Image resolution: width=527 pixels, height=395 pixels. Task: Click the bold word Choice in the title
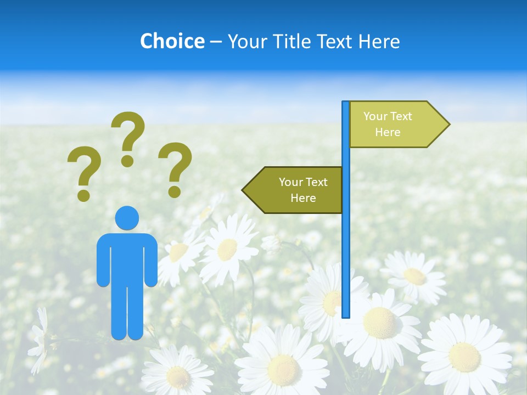coord(172,41)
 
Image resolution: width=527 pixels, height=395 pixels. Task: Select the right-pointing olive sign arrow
coord(398,125)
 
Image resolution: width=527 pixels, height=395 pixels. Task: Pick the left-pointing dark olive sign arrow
coord(293,190)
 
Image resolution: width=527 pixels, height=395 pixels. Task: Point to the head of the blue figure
coord(127,218)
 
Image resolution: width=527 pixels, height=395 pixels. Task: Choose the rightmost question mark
coord(175,170)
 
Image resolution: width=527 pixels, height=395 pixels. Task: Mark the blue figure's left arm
coord(103,261)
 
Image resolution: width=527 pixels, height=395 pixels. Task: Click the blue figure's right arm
coord(152,261)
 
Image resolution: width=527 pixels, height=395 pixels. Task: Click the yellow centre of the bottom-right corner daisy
coord(464,357)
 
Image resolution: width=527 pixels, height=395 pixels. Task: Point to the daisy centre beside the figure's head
coord(227,250)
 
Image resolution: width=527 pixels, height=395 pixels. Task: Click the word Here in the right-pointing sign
coord(388,132)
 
